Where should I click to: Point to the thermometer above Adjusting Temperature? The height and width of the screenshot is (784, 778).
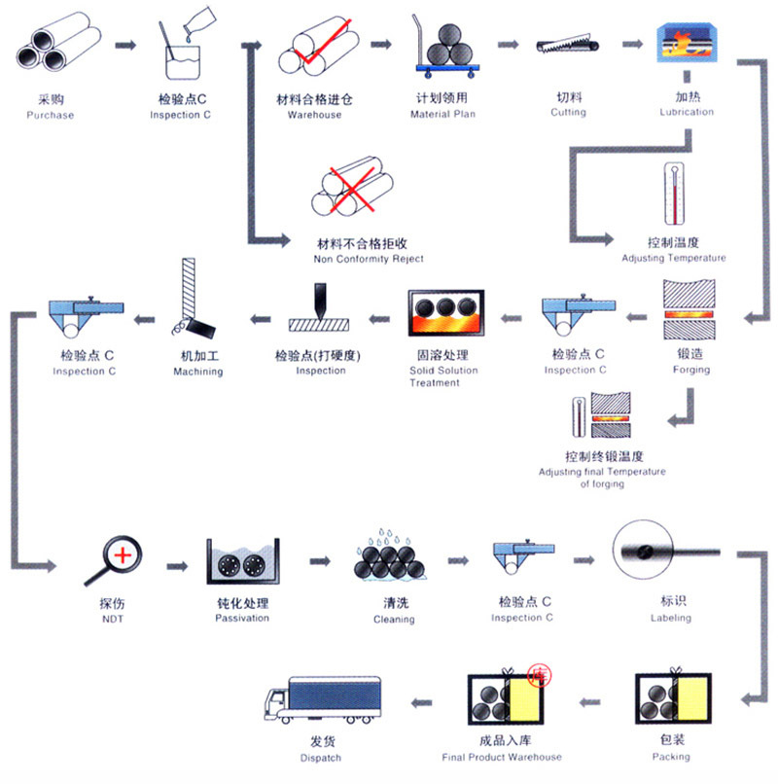(x=673, y=195)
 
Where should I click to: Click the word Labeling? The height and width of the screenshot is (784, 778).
(x=671, y=617)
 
